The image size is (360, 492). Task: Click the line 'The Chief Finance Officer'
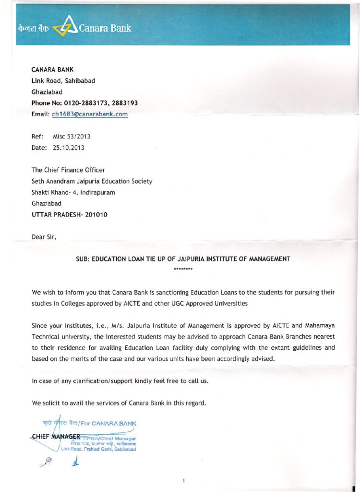point(68,170)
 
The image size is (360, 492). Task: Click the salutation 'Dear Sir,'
point(44,236)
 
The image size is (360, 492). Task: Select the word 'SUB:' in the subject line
point(83,259)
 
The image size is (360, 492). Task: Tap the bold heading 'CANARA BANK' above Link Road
point(52,70)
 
